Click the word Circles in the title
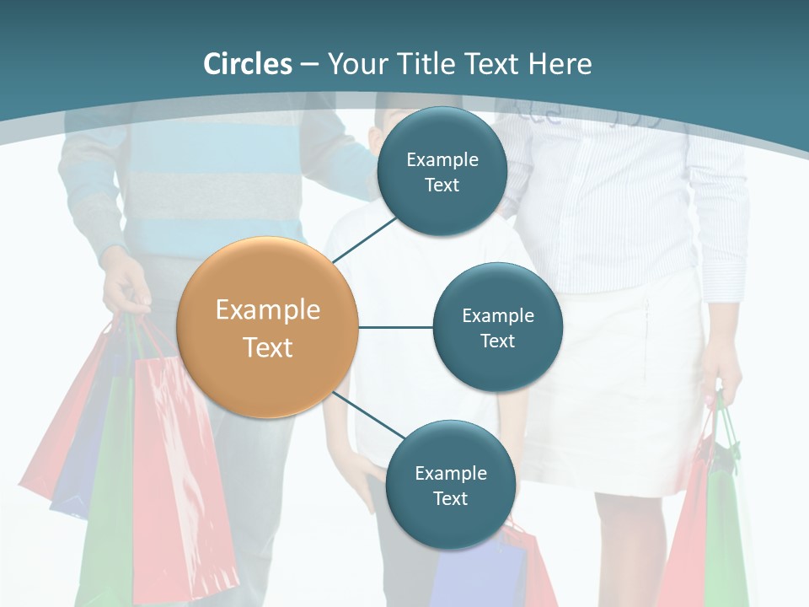[x=248, y=64]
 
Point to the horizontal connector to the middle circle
[x=395, y=327]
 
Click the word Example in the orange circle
[x=268, y=309]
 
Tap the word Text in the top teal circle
[x=442, y=185]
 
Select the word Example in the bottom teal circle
[x=450, y=473]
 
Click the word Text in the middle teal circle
[x=497, y=341]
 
